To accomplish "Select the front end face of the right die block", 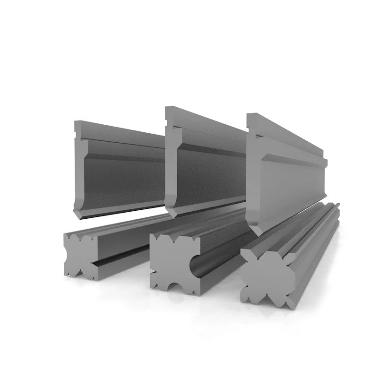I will point(265,276).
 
